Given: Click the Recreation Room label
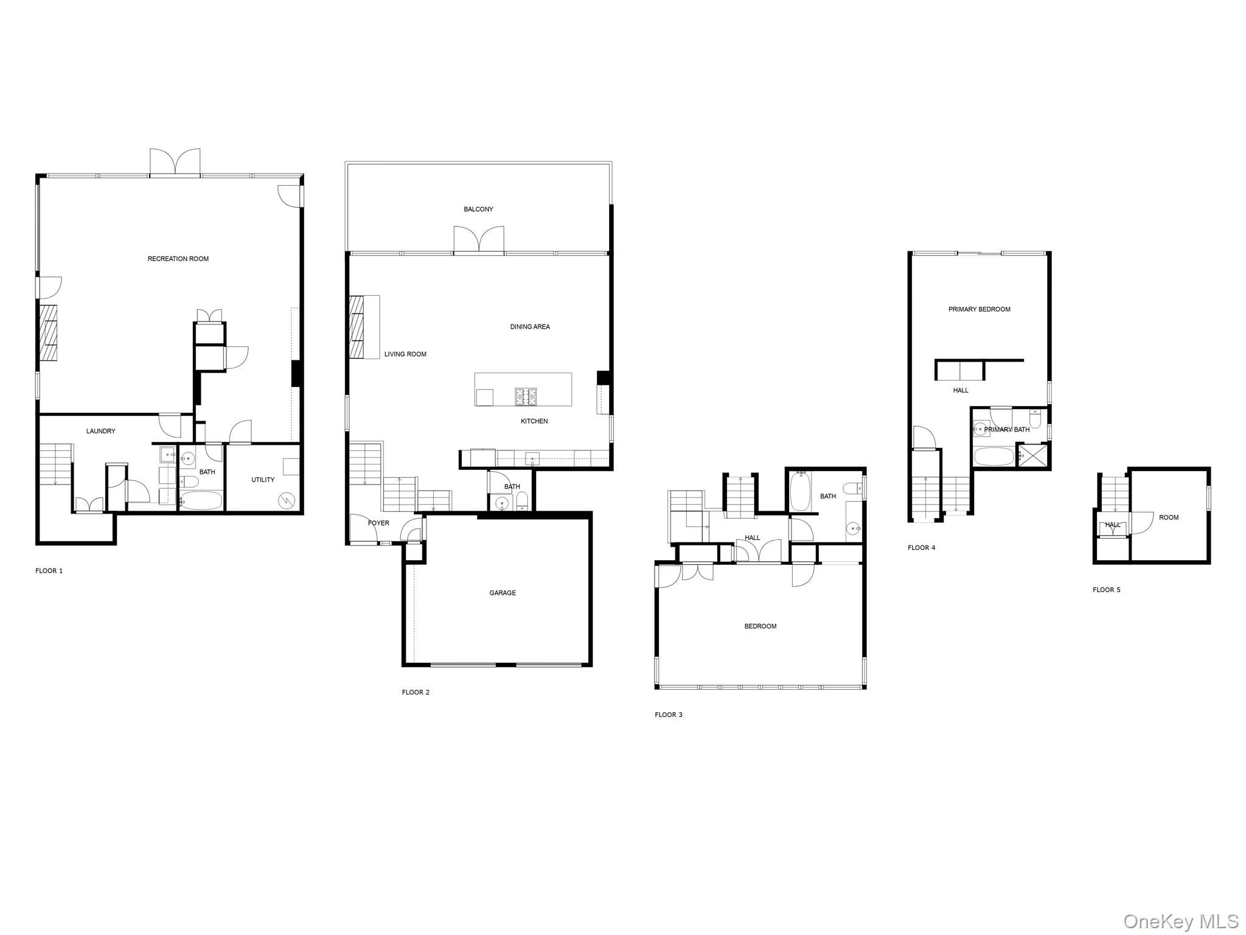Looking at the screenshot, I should click(x=178, y=259).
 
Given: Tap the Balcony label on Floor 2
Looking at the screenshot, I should click(x=478, y=209).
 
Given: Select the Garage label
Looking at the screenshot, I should click(x=503, y=593).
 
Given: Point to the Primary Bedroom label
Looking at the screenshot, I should click(x=979, y=309).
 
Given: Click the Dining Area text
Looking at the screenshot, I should click(x=529, y=327).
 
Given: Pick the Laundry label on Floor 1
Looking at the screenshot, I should click(x=100, y=431).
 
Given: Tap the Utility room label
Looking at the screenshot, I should click(x=263, y=480).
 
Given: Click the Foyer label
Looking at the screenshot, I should click(x=378, y=523).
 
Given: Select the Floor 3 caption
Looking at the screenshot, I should click(x=668, y=715).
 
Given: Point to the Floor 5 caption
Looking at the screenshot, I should click(x=1106, y=590).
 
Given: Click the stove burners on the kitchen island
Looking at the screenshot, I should click(x=526, y=397).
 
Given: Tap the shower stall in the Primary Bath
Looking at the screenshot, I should click(x=1034, y=456).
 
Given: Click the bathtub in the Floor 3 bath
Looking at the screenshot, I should click(x=799, y=492).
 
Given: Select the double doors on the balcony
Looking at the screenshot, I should click(x=479, y=239).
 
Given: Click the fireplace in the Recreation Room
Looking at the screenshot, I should click(x=49, y=332).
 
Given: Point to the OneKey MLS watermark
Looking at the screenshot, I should click(x=1180, y=921).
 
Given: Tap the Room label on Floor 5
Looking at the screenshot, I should click(x=1168, y=517).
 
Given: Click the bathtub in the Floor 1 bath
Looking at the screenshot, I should click(x=202, y=500).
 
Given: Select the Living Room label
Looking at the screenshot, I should click(x=405, y=354).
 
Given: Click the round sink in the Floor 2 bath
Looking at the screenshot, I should click(x=502, y=502).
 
